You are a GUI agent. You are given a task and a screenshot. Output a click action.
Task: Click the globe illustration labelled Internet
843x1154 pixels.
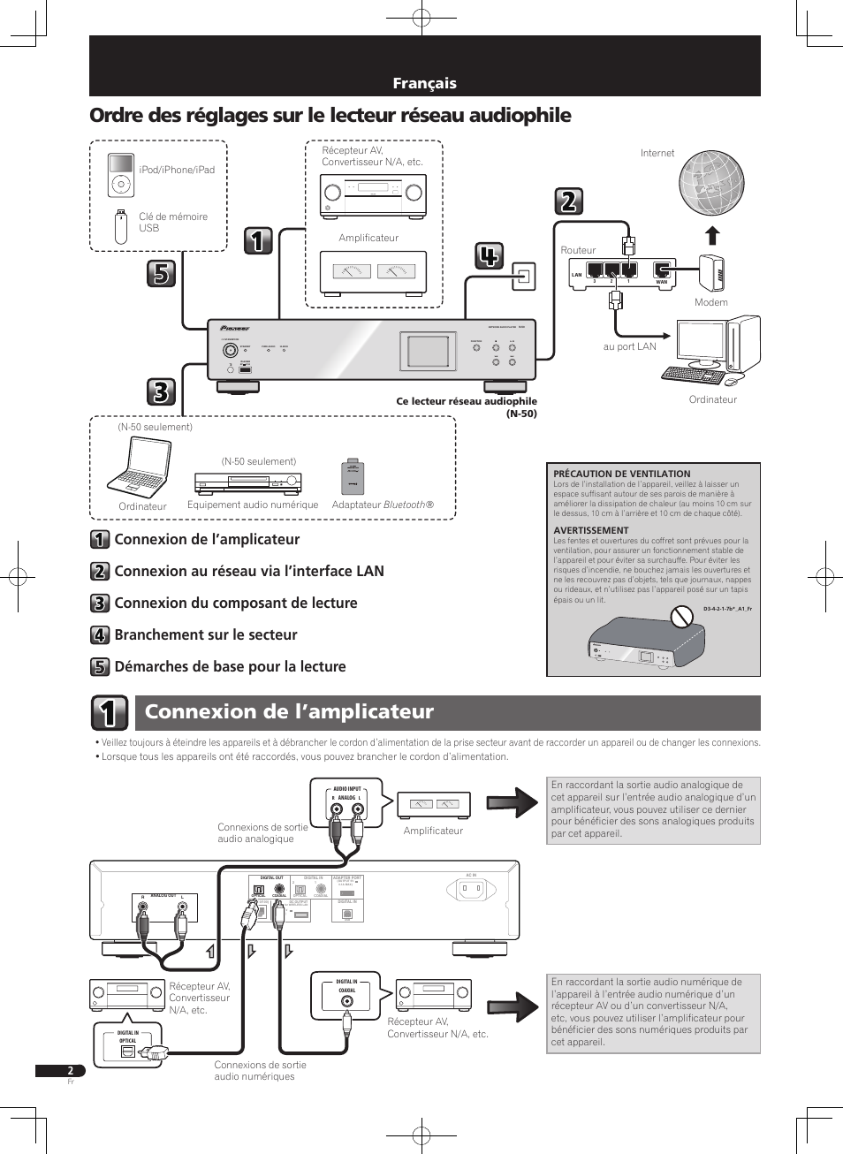(x=711, y=183)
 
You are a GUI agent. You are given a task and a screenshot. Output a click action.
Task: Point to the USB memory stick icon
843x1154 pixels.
(x=121, y=226)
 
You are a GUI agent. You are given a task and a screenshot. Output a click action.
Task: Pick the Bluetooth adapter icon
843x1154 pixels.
(x=353, y=477)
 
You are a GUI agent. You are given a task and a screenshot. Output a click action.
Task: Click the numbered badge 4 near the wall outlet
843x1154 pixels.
(x=489, y=255)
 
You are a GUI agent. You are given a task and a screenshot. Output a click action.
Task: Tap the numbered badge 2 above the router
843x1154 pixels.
(x=568, y=201)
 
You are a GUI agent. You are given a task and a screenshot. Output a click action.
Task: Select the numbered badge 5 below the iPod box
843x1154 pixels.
(x=161, y=274)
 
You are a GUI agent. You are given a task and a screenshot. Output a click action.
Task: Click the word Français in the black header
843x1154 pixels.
(x=424, y=83)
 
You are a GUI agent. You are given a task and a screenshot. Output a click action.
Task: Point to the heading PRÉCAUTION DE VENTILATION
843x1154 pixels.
(x=622, y=474)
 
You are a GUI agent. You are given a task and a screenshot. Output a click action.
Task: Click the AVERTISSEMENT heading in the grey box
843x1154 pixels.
(x=591, y=530)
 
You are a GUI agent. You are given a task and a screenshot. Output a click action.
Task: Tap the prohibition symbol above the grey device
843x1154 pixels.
(x=680, y=616)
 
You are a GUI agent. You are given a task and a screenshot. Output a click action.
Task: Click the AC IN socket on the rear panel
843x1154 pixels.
(x=471, y=890)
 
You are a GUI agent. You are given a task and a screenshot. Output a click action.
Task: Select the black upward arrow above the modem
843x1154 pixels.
(x=712, y=235)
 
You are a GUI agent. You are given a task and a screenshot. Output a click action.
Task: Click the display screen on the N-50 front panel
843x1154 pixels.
(x=428, y=351)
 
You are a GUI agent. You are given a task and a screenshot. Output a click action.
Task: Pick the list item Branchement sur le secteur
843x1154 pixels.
(x=206, y=634)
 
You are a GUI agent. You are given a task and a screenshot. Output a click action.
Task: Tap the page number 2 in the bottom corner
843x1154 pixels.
(x=71, y=1071)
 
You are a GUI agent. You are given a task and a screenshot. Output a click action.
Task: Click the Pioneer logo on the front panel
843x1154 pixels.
(x=235, y=328)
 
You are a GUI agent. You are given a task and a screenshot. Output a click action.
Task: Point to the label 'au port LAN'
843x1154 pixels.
(x=629, y=346)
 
